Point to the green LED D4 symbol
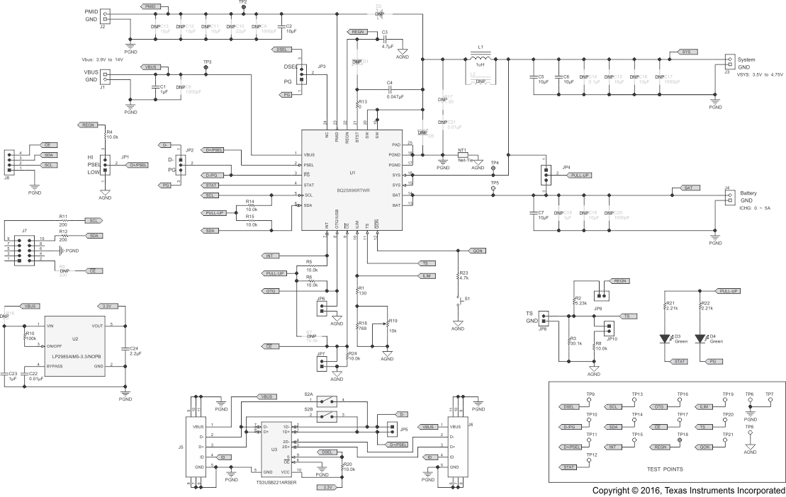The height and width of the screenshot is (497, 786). (x=702, y=339)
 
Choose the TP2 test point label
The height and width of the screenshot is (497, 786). (x=243, y=3)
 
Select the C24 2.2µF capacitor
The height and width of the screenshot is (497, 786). (x=125, y=349)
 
